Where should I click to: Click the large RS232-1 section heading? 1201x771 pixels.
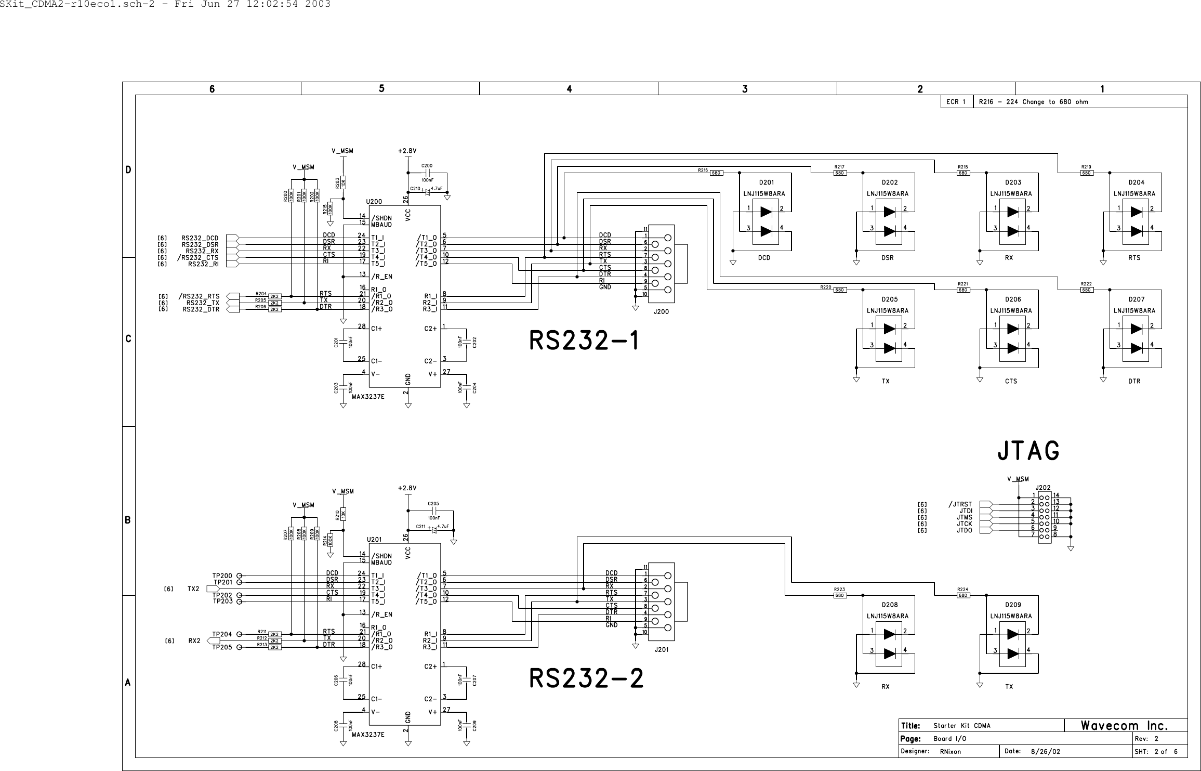tap(585, 342)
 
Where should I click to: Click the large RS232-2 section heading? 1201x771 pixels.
tap(586, 679)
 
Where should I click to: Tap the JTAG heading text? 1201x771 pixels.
tap(1028, 451)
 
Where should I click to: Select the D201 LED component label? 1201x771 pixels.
tap(766, 182)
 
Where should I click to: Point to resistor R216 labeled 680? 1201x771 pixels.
tap(716, 173)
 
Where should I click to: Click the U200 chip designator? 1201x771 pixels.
tap(374, 202)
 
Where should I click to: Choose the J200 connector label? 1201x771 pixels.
tap(661, 312)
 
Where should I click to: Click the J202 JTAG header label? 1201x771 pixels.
tap(1042, 488)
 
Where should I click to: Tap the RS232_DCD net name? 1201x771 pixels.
tap(200, 238)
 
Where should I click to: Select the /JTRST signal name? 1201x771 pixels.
tap(959, 504)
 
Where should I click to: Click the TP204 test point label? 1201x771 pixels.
tap(222, 634)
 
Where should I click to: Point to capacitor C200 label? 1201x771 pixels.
tap(427, 166)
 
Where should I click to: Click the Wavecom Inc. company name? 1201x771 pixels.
tap(1125, 726)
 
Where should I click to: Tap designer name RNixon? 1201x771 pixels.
tap(950, 752)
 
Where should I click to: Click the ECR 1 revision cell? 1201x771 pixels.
tap(956, 102)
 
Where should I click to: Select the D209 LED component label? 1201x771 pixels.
tap(1013, 605)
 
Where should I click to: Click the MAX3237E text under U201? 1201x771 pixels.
tap(368, 735)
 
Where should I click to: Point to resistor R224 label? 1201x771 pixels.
tap(962, 590)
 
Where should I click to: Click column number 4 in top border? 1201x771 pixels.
tap(569, 89)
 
